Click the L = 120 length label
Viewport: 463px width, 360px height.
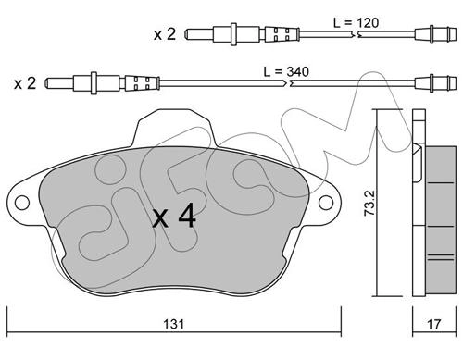356,23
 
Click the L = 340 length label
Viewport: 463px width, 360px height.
286,71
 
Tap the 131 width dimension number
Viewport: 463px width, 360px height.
174,324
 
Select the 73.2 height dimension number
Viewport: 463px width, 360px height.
369,203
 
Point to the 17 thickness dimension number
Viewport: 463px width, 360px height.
434,324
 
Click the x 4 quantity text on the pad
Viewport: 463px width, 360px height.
175,216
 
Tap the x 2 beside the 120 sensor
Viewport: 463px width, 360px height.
165,34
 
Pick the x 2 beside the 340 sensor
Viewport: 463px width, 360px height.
25,83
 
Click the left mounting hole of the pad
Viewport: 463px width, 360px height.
22,203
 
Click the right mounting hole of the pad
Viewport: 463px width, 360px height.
326,203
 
